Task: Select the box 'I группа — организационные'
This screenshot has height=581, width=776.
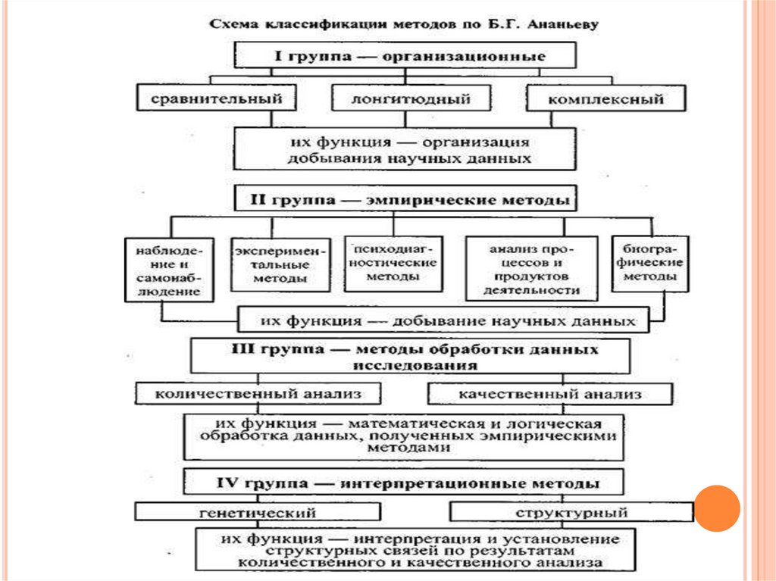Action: (x=405, y=55)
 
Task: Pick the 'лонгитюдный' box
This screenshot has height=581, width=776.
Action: (x=411, y=99)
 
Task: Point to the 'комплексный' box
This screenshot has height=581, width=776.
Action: (x=605, y=99)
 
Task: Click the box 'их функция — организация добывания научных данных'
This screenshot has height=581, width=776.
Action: (x=412, y=149)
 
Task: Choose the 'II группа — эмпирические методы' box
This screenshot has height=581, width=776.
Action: (x=405, y=200)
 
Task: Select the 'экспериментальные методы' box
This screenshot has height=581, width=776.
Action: (x=280, y=264)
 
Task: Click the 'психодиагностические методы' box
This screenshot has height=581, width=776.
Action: (x=393, y=262)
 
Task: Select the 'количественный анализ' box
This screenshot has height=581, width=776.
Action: (x=258, y=394)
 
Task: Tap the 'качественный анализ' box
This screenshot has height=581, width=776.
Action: (x=550, y=394)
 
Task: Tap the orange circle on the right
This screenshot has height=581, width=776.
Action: (x=717, y=508)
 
